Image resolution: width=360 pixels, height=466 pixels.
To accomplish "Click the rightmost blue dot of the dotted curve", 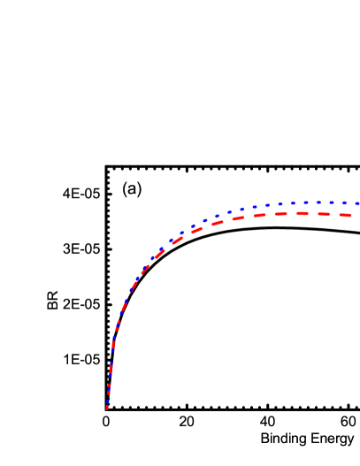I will (357, 203).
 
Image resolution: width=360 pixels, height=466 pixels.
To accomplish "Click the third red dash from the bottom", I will (111, 369).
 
